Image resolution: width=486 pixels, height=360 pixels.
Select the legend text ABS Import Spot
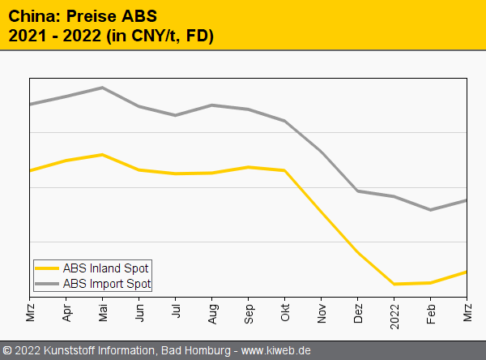[x=107, y=284]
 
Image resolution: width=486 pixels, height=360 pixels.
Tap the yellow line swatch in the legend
[x=48, y=268]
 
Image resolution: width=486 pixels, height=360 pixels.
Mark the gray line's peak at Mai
[x=102, y=88]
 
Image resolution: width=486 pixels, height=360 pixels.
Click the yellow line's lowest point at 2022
[x=394, y=284]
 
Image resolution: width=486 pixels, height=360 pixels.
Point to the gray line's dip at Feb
[x=430, y=210]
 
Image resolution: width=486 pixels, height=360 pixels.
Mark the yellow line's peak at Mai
[x=102, y=154]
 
